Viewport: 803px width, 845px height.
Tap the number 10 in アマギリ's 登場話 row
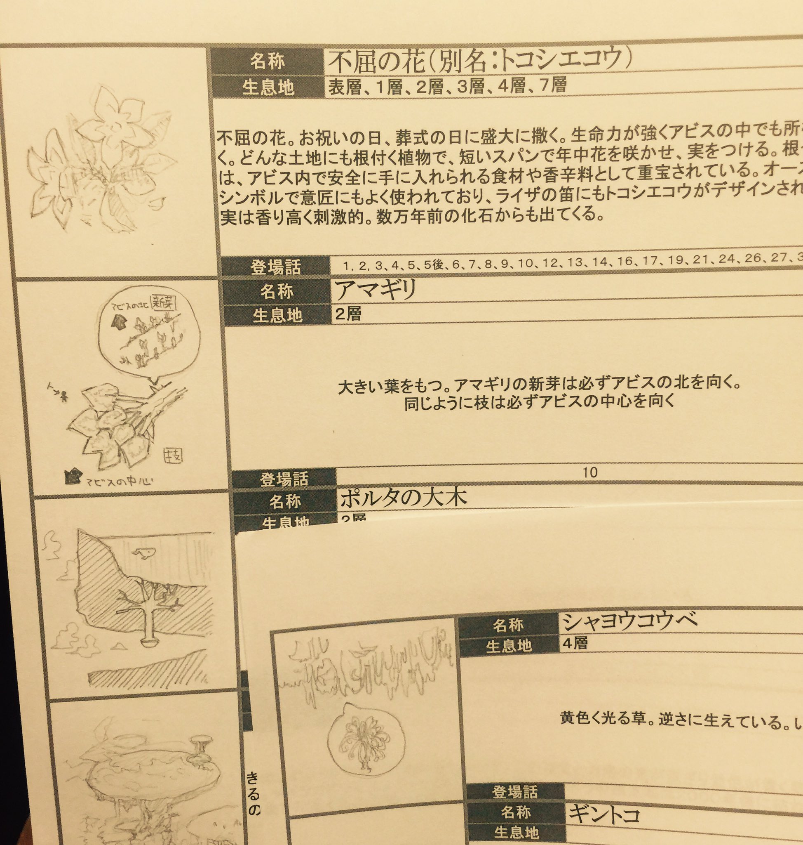[590, 472]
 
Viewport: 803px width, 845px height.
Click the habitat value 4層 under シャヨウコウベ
[575, 643]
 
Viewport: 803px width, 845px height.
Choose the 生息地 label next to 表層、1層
[268, 88]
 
